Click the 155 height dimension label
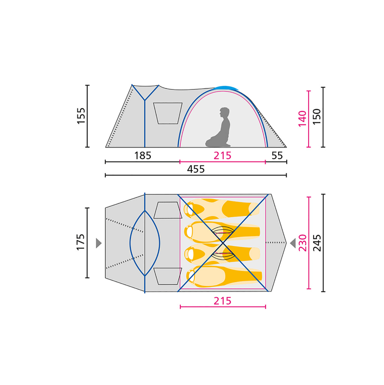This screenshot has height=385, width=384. (x=81, y=116)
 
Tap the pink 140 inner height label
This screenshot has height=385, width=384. (x=302, y=118)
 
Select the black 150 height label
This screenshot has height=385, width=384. (x=317, y=116)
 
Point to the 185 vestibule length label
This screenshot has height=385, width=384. (x=143, y=155)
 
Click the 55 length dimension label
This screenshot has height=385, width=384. (x=277, y=155)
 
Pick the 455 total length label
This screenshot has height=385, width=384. (x=196, y=169)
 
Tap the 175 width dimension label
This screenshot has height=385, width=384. (x=81, y=242)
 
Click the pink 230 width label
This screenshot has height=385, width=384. (x=303, y=243)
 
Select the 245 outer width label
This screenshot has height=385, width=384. (x=317, y=243)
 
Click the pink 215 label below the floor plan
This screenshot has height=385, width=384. (x=222, y=301)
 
